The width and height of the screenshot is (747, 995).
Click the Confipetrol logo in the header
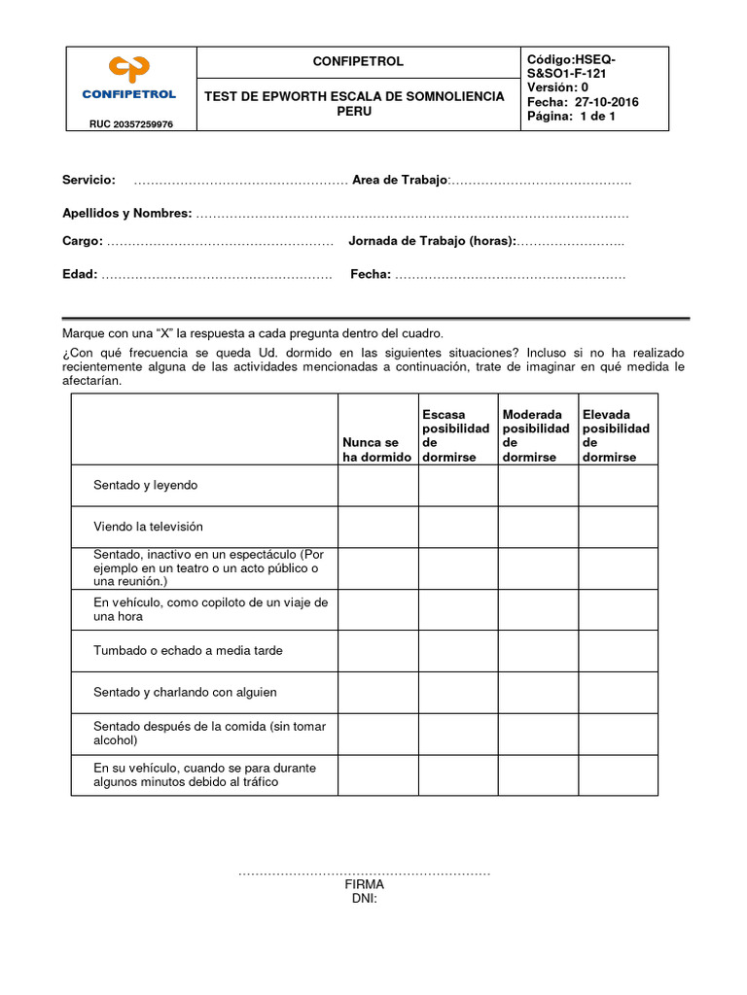(130, 79)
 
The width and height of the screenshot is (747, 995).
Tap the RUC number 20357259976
(131, 124)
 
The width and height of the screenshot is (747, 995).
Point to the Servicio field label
(89, 180)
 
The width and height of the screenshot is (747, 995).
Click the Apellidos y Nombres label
(127, 213)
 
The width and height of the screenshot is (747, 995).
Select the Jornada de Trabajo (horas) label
(432, 241)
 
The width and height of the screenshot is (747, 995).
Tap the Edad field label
(80, 275)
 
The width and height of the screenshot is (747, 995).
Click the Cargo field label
(83, 241)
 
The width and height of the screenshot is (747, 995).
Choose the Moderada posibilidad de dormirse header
(536, 435)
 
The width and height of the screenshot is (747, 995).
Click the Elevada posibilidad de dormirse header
(616, 435)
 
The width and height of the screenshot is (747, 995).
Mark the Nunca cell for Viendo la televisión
(377, 527)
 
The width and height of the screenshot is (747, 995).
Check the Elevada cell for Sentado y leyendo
(618, 485)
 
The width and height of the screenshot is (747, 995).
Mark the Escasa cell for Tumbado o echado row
(458, 651)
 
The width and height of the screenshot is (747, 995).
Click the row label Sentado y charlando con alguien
(185, 693)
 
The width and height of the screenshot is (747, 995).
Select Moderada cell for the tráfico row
(538, 775)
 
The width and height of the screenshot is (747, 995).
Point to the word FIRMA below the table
(364, 885)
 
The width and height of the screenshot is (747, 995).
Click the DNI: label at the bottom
(364, 899)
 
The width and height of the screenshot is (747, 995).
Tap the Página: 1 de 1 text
(571, 117)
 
